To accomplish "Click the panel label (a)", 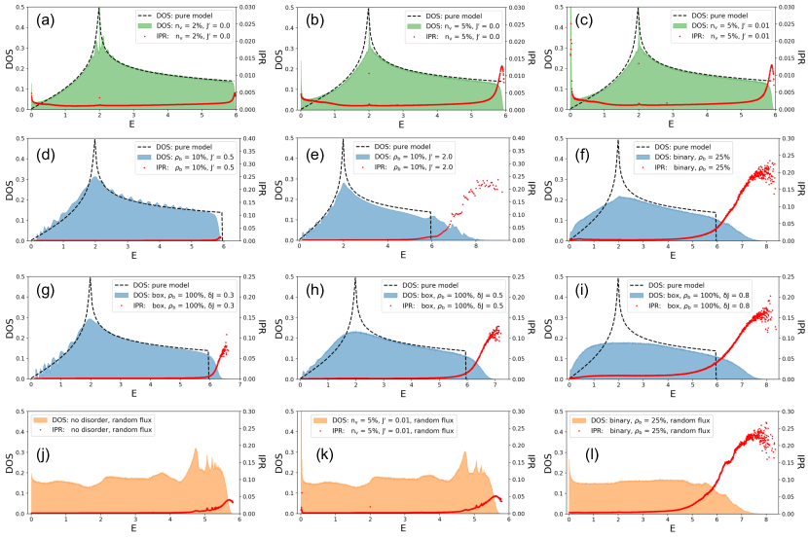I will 48,18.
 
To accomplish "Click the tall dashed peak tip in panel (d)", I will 94,140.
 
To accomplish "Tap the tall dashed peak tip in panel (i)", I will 635,277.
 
